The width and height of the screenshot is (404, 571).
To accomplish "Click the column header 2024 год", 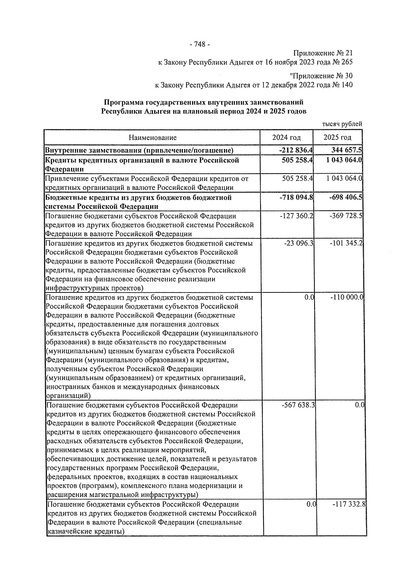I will [x=287, y=138].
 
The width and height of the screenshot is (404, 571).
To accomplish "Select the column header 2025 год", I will [x=337, y=138].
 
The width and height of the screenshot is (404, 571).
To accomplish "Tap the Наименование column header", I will [x=153, y=138].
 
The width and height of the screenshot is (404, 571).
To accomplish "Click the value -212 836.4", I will [x=296, y=150].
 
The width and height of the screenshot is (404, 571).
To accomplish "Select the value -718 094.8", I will [x=296, y=197].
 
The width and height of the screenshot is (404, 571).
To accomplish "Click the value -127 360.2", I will [x=297, y=216].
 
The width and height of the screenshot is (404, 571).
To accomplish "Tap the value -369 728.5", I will [x=346, y=216].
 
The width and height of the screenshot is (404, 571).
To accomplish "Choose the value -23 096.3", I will [x=299, y=243].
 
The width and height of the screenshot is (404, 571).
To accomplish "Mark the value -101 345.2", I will [x=346, y=243].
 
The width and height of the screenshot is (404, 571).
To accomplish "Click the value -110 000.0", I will [x=347, y=297].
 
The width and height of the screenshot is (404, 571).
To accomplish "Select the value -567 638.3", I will [x=298, y=405].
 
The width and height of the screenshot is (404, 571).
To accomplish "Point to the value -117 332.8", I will [x=349, y=504].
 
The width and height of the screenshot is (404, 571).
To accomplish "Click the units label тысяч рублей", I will [x=342, y=124].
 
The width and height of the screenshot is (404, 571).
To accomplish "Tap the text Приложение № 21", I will [x=323, y=53].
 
